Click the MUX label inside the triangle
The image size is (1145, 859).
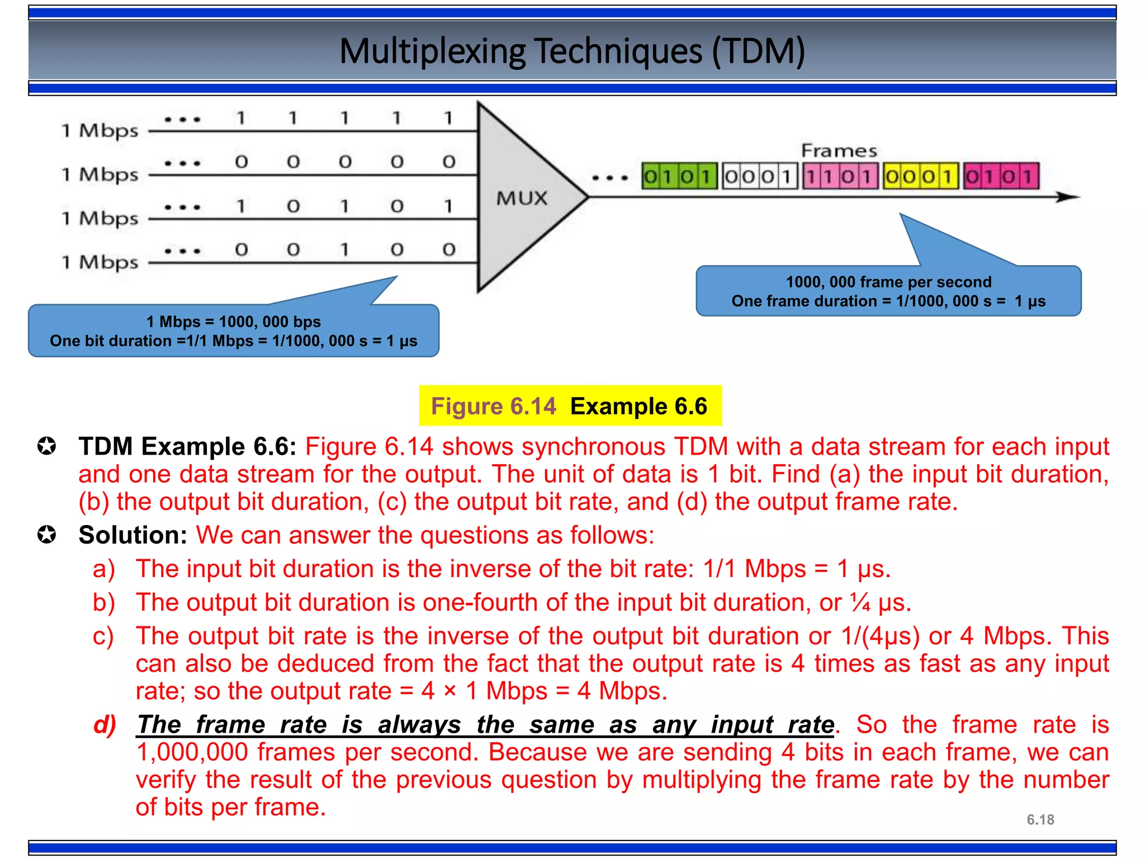click(x=522, y=198)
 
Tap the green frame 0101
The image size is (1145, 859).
click(x=679, y=176)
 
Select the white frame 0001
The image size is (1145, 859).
click(x=759, y=176)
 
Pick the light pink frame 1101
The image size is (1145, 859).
click(x=840, y=176)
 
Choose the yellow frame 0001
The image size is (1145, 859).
click(x=920, y=176)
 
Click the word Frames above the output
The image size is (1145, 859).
click(x=839, y=151)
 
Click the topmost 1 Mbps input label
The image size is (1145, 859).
click(x=100, y=131)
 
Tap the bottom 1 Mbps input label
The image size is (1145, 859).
click(x=100, y=262)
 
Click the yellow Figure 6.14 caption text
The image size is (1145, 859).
click(x=493, y=406)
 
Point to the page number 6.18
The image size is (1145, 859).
click(x=1040, y=820)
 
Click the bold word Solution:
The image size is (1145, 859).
click(x=133, y=535)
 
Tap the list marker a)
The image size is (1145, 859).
click(x=104, y=569)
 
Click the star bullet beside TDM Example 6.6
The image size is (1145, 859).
click(x=47, y=447)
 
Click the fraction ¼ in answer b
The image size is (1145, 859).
click(x=860, y=602)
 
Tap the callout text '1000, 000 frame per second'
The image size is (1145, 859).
click(x=888, y=282)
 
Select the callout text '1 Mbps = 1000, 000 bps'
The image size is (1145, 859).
click(x=233, y=322)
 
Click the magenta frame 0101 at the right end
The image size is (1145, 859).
click(x=1001, y=176)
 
